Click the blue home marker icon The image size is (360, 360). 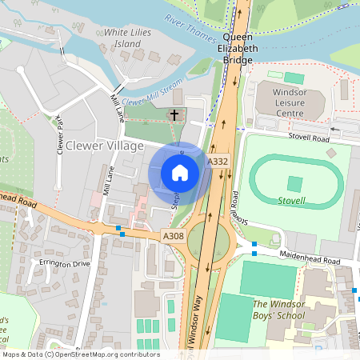(x=180, y=172)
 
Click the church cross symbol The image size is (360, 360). (x=174, y=116)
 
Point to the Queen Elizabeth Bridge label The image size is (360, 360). (x=241, y=48)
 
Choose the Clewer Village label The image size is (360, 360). (x=104, y=146)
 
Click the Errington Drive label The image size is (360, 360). (x=61, y=262)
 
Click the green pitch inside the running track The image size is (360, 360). (x=295, y=183)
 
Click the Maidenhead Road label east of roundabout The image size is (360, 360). (x=310, y=258)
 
